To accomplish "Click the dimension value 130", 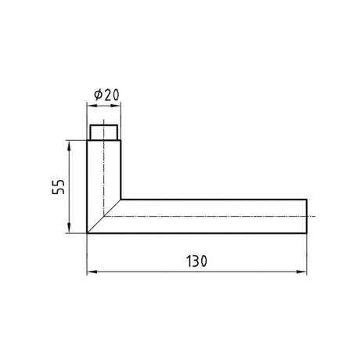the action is click(x=197, y=261).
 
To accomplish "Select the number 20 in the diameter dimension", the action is click(x=111, y=95).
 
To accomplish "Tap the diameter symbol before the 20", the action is click(x=98, y=95).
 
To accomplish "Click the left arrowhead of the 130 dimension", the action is click(x=92, y=272).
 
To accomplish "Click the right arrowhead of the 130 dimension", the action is click(x=301, y=272).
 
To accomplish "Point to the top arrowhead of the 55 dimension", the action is click(x=69, y=146).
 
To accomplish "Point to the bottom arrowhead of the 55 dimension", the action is click(x=69, y=228).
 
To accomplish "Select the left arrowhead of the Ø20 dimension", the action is click(x=92, y=106).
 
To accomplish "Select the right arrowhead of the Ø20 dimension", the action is click(x=116, y=106).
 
